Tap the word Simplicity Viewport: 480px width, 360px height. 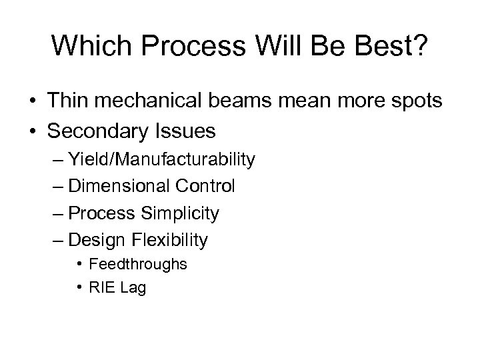pos(180,213)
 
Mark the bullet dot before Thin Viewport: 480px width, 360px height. pos(32,102)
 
